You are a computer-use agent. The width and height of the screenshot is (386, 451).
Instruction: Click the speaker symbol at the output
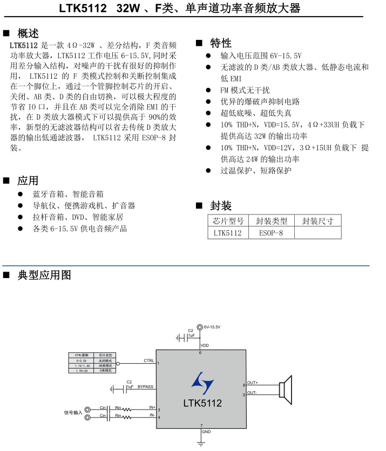point(286,390)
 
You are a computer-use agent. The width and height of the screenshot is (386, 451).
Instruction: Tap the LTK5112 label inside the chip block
point(202,403)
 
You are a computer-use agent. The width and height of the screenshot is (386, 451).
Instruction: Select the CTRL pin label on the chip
point(149,360)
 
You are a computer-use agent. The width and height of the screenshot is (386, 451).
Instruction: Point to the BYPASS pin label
point(146,387)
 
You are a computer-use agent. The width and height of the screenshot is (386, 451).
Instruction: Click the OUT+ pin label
point(252,383)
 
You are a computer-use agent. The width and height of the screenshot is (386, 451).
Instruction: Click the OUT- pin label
point(252,393)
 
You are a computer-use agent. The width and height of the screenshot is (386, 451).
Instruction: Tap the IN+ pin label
point(152,408)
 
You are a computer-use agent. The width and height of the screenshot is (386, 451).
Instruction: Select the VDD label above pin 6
point(205,345)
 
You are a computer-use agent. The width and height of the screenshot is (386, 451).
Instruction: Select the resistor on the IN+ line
point(126,410)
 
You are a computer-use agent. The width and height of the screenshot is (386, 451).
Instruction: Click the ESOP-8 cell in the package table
point(271,233)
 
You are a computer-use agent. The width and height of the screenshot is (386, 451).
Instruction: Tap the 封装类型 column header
point(271,221)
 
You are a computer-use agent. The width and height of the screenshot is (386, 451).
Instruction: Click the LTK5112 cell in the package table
point(228,233)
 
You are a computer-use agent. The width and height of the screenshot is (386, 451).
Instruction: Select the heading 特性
point(221,43)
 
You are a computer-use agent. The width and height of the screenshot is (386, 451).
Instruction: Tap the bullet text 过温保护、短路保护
point(255,170)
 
